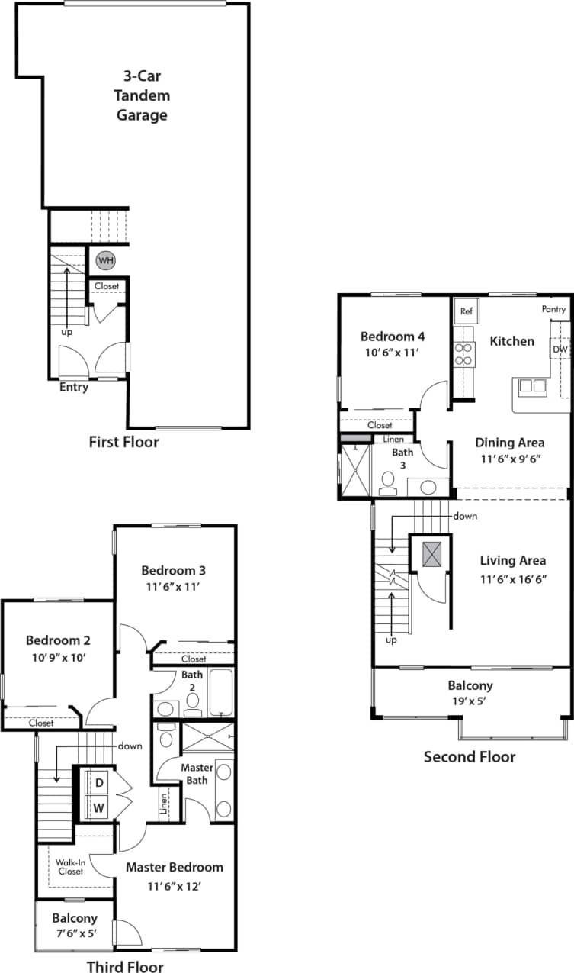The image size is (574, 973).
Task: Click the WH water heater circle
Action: point(105,261)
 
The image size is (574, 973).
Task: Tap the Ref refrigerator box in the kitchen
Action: point(467,311)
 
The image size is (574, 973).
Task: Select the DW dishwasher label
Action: point(560,349)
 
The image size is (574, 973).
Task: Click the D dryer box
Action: point(99,781)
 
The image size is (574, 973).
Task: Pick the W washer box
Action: point(99,805)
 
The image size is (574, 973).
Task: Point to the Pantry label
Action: point(553,309)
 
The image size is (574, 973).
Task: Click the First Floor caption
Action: point(124,441)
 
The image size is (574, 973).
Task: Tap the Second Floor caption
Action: point(470,756)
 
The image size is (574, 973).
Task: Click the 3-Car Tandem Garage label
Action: point(142,96)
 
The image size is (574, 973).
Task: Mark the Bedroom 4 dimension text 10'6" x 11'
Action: point(392,353)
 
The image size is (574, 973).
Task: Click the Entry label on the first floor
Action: point(74,387)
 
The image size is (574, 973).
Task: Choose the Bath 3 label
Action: point(402,458)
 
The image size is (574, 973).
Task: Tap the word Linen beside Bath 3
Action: point(393,440)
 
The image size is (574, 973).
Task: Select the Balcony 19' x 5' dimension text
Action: point(470,701)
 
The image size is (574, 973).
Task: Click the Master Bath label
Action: point(195,773)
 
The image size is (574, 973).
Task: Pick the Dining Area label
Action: point(509,443)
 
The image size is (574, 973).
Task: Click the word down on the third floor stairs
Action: point(130,746)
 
